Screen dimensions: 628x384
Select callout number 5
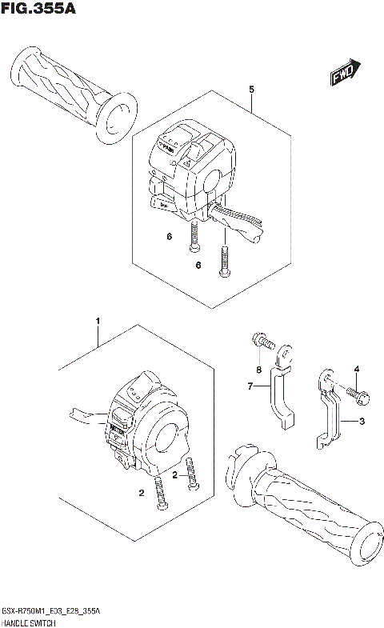(x=251, y=90)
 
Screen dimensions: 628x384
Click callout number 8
(x=259, y=369)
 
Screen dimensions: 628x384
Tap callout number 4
(x=358, y=368)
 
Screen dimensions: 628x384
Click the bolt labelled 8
(x=261, y=342)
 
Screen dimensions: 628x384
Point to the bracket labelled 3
(x=330, y=412)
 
